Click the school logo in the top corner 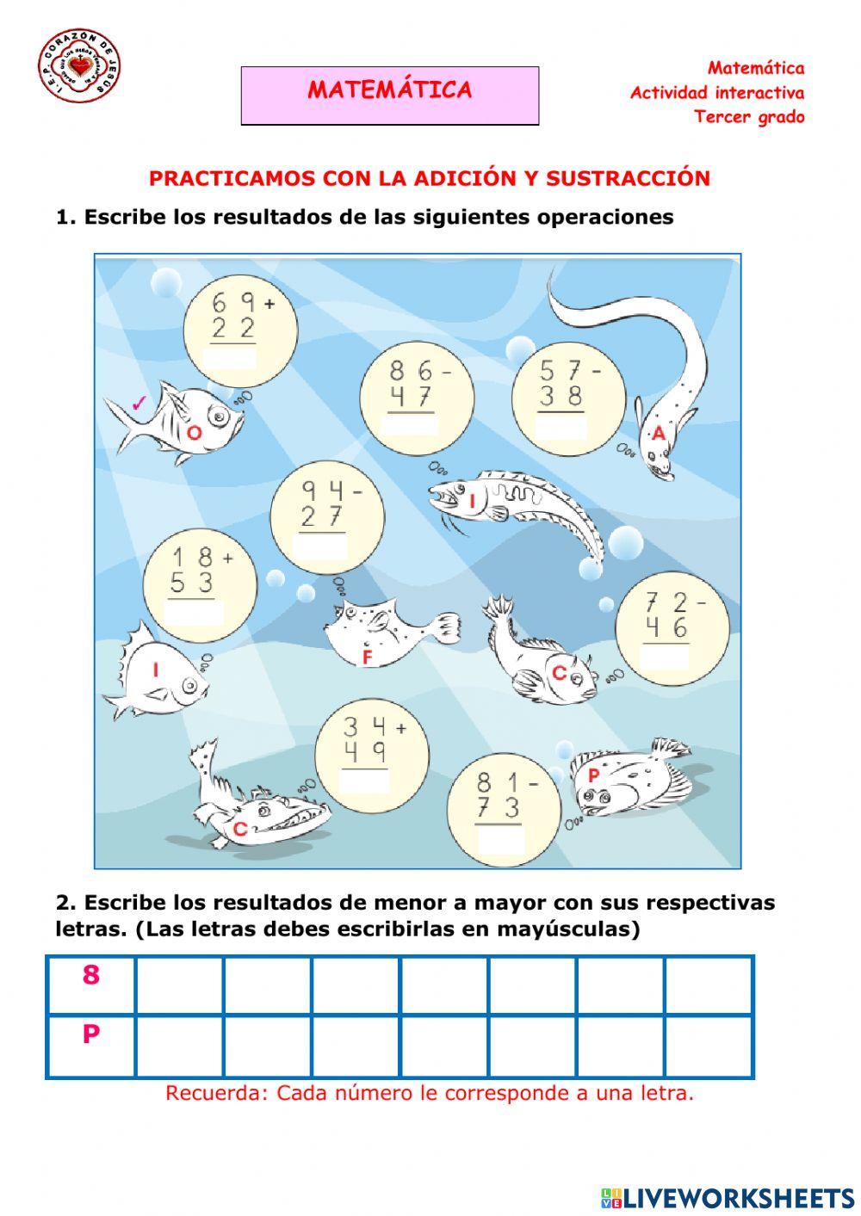pyautogui.click(x=79, y=66)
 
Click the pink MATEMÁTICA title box pyautogui.click(x=390, y=96)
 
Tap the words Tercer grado pyautogui.click(x=749, y=117)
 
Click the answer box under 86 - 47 pyautogui.click(x=410, y=425)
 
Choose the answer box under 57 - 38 pyautogui.click(x=561, y=426)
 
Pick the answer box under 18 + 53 pyautogui.click(x=195, y=612)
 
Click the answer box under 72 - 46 pyautogui.click(x=666, y=657)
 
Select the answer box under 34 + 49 pyautogui.click(x=365, y=780)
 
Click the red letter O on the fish pyautogui.click(x=194, y=433)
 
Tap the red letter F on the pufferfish pyautogui.click(x=367, y=657)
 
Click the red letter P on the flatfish pyautogui.click(x=593, y=776)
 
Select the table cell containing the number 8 pyautogui.click(x=91, y=985)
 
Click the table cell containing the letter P pyautogui.click(x=91, y=1045)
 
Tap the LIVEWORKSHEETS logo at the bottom pyautogui.click(x=728, y=1197)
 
